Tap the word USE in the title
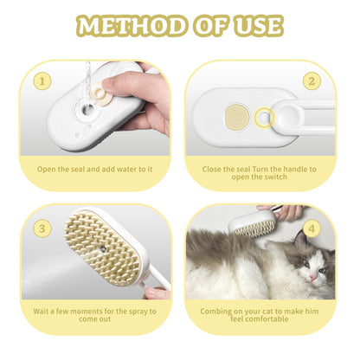(x=256, y=25)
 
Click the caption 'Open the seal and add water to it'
(x=96, y=169)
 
